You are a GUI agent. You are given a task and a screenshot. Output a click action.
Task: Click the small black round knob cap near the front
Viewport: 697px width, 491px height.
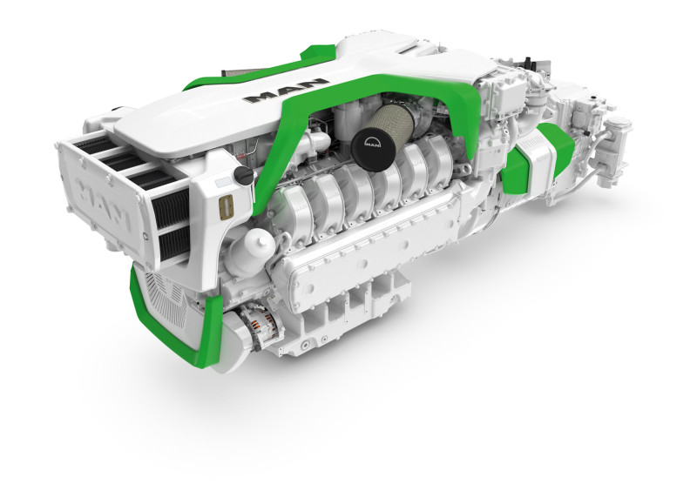tap(244, 177)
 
